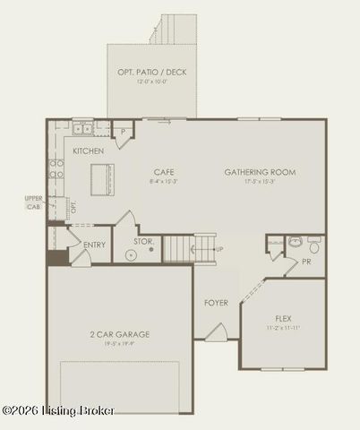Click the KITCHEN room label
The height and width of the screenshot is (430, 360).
[88, 151]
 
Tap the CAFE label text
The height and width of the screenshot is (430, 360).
[163, 171]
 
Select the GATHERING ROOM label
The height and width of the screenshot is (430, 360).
[260, 172]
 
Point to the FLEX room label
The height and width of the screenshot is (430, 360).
[283, 318]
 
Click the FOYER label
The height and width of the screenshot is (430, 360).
[216, 303]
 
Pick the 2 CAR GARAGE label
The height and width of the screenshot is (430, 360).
[119, 334]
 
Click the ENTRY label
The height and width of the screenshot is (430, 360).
[94, 245]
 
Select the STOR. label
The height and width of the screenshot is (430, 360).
[144, 241]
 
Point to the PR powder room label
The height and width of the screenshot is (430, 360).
[305, 262]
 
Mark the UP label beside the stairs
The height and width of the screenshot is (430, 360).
[220, 248]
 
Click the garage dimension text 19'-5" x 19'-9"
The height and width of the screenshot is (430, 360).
[119, 343]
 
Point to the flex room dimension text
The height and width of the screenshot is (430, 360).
[283, 327]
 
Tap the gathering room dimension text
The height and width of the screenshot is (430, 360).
[260, 181]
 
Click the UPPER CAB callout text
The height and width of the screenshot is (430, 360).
[33, 202]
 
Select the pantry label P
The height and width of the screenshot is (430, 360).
[122, 132]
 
